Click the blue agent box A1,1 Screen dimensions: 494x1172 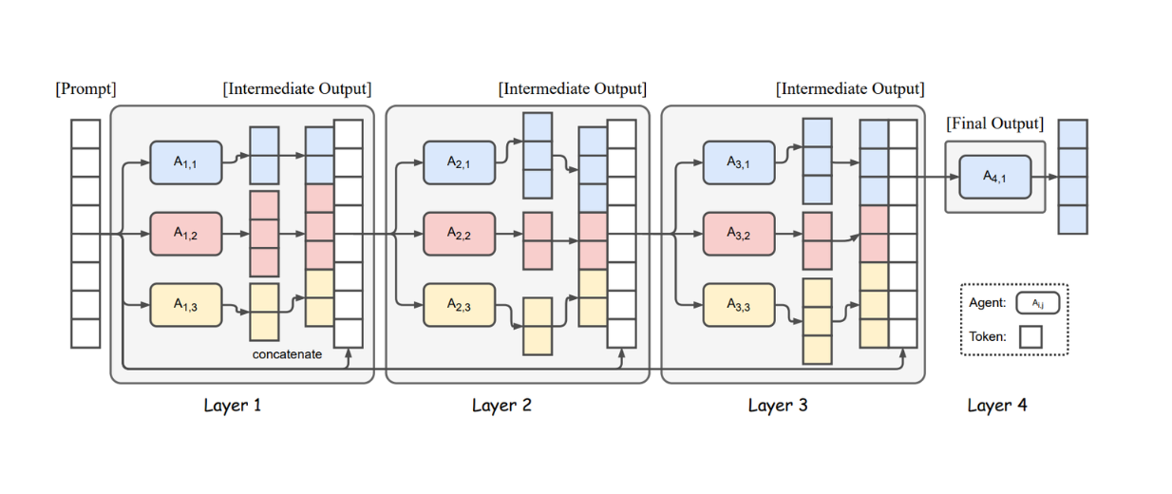click(x=185, y=162)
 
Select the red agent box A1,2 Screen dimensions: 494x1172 click(x=185, y=234)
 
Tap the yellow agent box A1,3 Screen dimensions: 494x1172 click(x=185, y=305)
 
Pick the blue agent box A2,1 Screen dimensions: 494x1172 click(x=460, y=162)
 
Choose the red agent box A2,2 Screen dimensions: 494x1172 click(x=460, y=234)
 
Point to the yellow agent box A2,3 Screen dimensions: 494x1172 click(x=460, y=305)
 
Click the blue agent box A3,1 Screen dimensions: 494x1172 click(x=738, y=162)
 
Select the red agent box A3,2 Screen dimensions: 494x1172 click(x=738, y=234)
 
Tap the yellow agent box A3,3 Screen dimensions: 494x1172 click(x=738, y=305)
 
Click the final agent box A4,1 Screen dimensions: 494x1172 click(x=994, y=177)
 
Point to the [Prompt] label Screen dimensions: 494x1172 click(x=85, y=89)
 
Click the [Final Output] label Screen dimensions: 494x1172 click(x=994, y=124)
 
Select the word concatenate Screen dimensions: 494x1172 click(x=287, y=354)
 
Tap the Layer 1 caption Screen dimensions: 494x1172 click(x=233, y=406)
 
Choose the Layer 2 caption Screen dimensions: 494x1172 click(x=501, y=406)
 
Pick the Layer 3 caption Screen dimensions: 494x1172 click(x=778, y=406)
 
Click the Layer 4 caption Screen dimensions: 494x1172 click(x=997, y=406)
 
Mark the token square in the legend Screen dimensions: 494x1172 click(x=1030, y=336)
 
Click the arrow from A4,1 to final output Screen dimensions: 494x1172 click(x=1045, y=177)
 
